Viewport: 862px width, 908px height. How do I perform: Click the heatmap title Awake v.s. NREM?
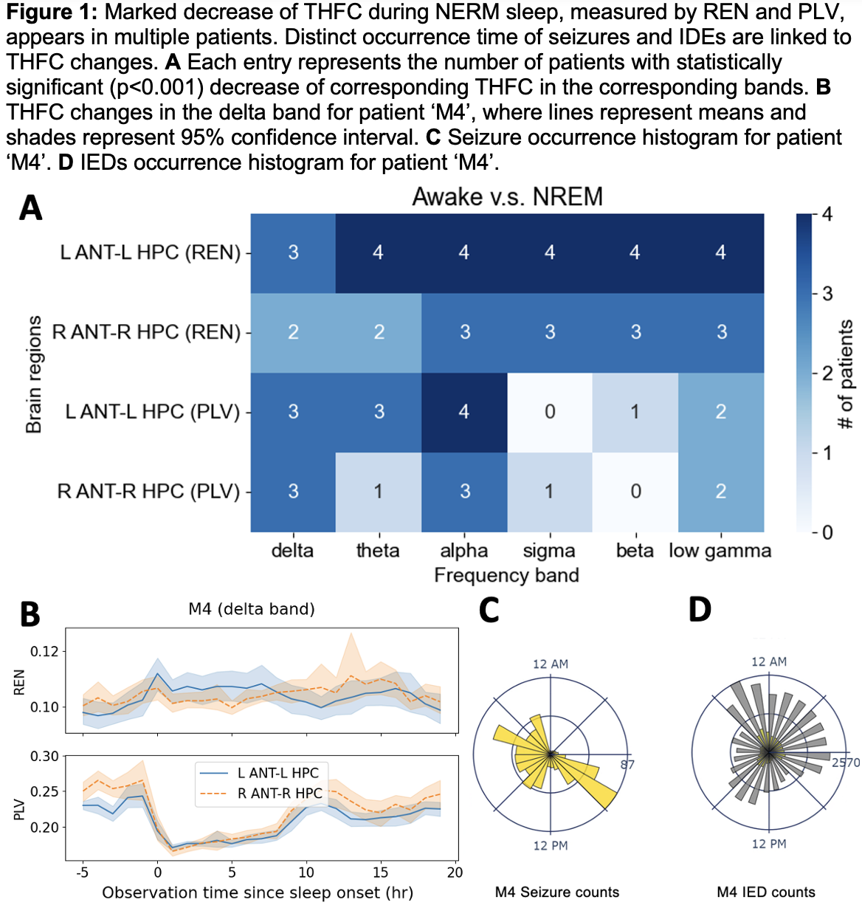click(507, 197)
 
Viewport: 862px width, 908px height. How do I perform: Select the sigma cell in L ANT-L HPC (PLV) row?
click(550, 412)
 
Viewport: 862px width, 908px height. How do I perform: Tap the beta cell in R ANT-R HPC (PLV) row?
click(635, 492)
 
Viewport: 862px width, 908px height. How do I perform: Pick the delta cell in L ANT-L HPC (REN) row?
click(293, 253)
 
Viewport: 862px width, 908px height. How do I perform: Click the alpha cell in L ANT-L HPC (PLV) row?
click(464, 412)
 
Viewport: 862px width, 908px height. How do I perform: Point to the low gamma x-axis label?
click(720, 551)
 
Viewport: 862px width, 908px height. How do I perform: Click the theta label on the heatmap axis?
click(378, 551)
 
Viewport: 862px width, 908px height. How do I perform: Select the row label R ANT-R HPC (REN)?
click(147, 332)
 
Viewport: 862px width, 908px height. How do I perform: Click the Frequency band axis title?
click(506, 576)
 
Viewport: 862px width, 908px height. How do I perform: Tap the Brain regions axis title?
click(34, 374)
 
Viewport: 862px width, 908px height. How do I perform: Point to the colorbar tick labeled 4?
click(827, 215)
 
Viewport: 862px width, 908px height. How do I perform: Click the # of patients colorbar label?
click(846, 374)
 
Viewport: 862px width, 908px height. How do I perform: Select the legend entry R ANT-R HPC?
click(280, 794)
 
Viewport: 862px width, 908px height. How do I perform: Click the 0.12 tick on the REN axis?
click(44, 652)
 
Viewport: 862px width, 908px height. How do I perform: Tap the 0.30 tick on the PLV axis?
click(44, 757)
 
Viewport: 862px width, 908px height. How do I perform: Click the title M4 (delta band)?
click(252, 609)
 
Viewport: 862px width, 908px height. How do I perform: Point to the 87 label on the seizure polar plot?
click(627, 764)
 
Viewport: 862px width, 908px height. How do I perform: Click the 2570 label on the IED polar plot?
click(846, 763)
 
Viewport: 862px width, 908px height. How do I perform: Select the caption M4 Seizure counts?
click(557, 892)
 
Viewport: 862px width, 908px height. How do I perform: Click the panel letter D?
click(700, 610)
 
